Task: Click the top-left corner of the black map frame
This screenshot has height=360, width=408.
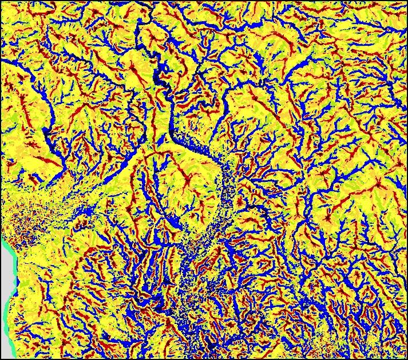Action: (1, 1)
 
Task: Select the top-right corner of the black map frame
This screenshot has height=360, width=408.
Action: (407, 1)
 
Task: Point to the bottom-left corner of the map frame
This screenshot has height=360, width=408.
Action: (1, 359)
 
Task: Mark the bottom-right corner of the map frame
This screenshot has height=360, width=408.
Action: (407, 359)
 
